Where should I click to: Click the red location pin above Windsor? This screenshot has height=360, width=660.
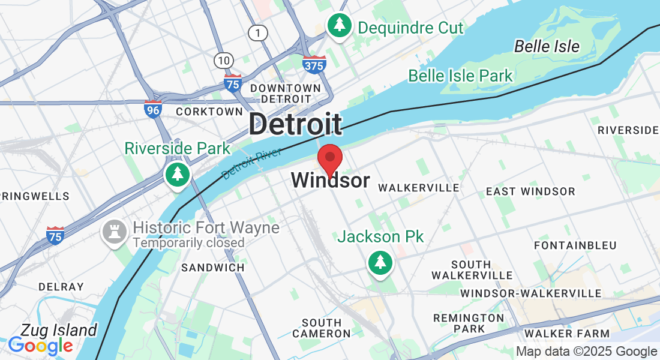pos(329,159)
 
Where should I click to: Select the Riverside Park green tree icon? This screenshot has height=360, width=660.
pos(178,175)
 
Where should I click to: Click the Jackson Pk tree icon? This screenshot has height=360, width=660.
pos(380,263)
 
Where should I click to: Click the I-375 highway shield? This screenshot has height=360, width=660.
pos(314,65)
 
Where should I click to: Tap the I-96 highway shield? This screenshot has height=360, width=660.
pos(153,109)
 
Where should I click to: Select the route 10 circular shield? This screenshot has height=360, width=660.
pos(223,59)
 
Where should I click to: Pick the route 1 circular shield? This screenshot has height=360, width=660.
pos(258,33)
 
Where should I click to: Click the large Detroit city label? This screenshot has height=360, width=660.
pos(295,124)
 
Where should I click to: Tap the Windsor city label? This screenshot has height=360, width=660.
pos(330,180)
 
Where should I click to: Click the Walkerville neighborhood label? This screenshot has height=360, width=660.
pos(418,188)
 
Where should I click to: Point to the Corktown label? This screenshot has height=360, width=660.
pos(209,112)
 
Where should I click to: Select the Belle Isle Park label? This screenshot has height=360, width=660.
pos(460,76)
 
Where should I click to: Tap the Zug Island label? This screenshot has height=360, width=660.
pos(58,330)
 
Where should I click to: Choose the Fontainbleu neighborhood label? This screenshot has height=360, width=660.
pos(567,245)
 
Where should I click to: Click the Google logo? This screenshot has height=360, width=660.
pos(40,346)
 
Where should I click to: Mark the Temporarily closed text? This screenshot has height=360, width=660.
pos(188,243)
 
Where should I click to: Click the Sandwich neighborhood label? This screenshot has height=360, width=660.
pos(213,268)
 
